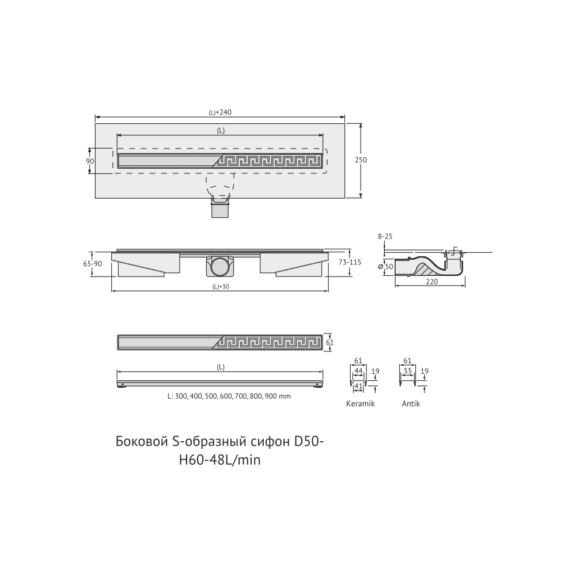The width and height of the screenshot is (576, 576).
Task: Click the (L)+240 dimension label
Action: [x=220, y=112]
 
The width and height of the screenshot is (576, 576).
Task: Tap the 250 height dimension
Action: [x=361, y=160]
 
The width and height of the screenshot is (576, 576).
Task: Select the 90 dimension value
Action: [x=90, y=161]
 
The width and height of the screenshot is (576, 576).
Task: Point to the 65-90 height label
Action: [x=93, y=264]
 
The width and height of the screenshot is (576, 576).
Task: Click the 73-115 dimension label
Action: [x=350, y=262]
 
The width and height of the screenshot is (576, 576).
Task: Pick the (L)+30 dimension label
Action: [x=221, y=286]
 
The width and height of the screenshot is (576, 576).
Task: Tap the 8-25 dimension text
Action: [x=385, y=237]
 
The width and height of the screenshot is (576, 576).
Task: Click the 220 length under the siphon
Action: [x=431, y=282]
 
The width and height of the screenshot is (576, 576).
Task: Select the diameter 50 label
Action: [x=386, y=266]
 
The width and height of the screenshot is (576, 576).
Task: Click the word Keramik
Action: [x=361, y=403]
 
